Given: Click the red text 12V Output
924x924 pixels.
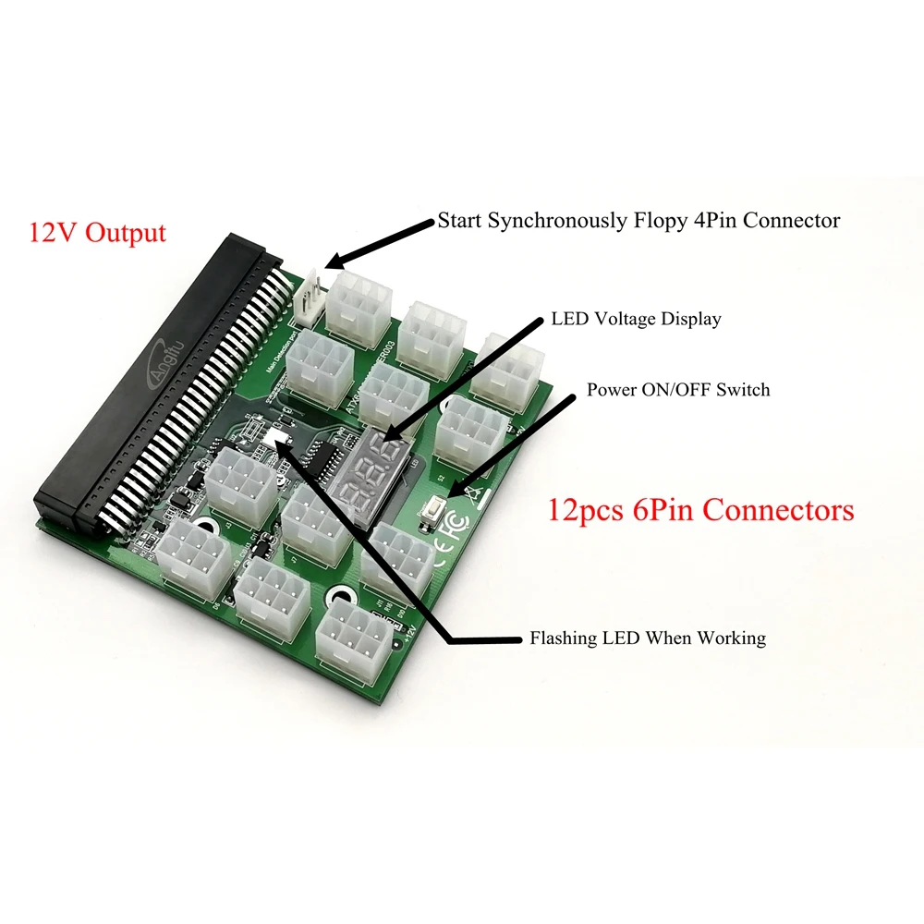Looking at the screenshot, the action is pos(98,232).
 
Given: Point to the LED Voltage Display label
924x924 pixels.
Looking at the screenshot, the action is pos(636,319).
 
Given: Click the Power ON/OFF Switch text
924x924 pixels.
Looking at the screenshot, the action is pos(678,390).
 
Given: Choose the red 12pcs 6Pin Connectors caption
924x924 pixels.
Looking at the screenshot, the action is pos(701,509).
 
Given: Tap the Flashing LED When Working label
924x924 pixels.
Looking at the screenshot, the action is pos(647,638).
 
